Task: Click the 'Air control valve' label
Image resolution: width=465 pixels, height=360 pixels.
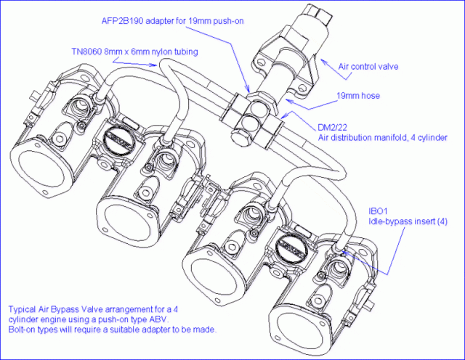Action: pos(368,66)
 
